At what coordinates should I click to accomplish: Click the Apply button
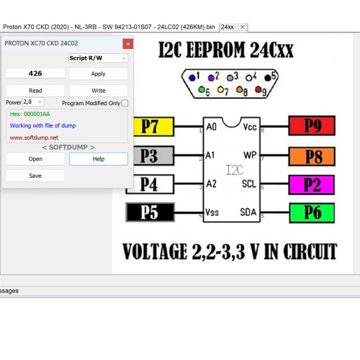[99, 73]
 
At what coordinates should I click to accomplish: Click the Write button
[99, 91]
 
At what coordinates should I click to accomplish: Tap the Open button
[35, 159]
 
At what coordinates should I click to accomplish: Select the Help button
[99, 159]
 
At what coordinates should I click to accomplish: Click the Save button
[35, 176]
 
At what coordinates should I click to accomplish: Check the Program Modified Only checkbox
[125, 103]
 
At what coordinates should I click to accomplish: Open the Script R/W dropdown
[98, 58]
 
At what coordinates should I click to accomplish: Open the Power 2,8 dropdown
[33, 102]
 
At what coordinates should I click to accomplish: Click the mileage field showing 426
[35, 73]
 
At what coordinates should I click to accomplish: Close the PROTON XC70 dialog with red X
[128, 44]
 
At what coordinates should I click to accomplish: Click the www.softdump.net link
[34, 138]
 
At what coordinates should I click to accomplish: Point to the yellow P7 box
[153, 127]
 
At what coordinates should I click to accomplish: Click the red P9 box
[312, 125]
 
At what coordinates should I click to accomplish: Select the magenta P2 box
[312, 184]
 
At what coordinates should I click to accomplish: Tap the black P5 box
[150, 212]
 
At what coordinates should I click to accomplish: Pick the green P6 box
[312, 213]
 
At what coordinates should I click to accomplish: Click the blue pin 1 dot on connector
[192, 78]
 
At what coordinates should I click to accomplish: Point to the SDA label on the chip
[248, 212]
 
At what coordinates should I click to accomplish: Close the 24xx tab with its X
[243, 27]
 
